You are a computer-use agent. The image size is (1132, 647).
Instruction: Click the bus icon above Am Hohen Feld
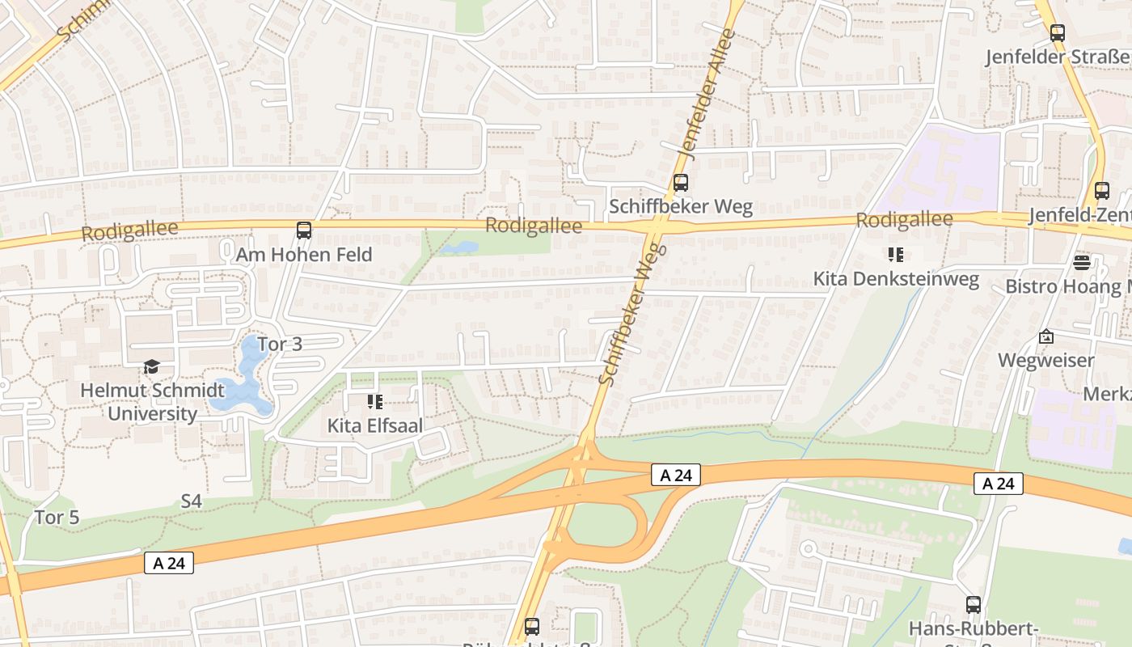[304, 230]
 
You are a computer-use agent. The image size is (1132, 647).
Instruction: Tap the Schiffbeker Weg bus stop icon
[681, 183]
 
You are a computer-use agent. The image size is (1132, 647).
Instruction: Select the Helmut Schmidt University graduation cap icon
[151, 368]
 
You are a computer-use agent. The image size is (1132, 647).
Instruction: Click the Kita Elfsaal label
[374, 425]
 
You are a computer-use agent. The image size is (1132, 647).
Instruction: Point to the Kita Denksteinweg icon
[895, 256]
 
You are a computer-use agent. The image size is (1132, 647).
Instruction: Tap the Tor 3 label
[280, 344]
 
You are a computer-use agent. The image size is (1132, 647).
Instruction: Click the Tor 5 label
[57, 517]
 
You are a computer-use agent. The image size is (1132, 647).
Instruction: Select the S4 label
[191, 501]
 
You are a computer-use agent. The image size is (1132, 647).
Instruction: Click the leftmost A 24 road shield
[169, 563]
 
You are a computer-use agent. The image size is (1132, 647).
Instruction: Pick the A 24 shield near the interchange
[675, 475]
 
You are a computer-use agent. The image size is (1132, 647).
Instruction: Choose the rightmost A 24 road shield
[999, 484]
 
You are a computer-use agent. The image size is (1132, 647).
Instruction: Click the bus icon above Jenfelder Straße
[1057, 33]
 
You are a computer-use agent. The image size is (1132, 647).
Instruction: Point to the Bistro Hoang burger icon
[1082, 262]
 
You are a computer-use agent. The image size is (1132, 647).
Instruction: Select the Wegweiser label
[1045, 360]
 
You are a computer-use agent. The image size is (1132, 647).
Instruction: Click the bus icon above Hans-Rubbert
[974, 604]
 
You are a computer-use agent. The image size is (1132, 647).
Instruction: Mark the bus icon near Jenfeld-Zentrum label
[1101, 191]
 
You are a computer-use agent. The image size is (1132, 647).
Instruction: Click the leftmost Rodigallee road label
[129, 230]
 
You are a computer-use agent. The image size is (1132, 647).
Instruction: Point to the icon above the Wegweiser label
[1045, 336]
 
